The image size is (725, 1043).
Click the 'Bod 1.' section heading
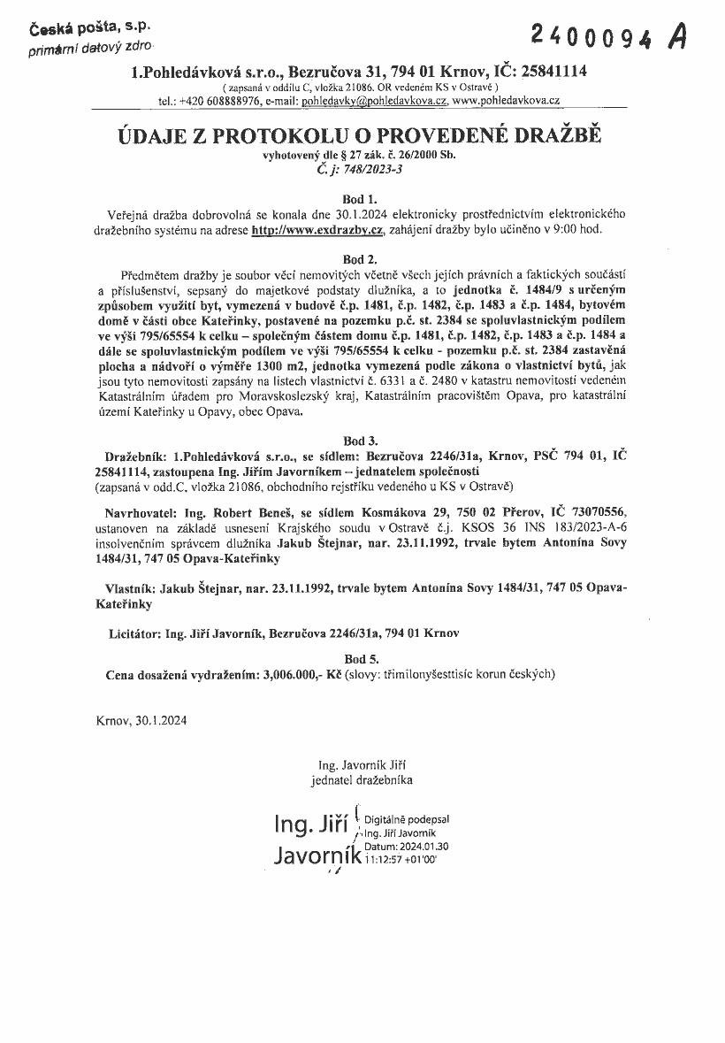click(x=359, y=199)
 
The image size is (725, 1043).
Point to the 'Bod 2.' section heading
click(x=359, y=259)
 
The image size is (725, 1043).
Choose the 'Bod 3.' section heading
click(x=360, y=440)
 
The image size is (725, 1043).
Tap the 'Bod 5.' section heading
click(x=360, y=658)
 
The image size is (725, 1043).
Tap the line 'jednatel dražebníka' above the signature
click(x=361, y=779)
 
